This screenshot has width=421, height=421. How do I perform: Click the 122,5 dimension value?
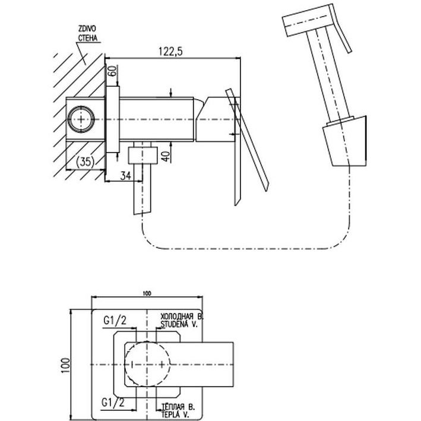(x=171, y=52)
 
